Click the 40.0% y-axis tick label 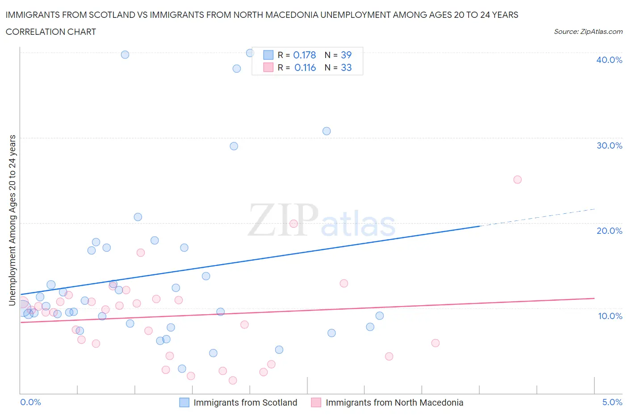(609, 60)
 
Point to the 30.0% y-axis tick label (609, 145)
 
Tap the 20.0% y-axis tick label (609, 231)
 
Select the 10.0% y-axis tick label (610, 316)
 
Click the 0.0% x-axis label (30, 402)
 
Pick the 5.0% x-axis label (612, 402)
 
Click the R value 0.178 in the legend (304, 55)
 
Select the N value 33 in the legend (346, 67)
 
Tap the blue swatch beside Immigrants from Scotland (184, 403)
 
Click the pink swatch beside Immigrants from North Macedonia (316, 403)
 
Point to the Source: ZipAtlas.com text (588, 31)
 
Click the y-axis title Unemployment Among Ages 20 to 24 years (12, 220)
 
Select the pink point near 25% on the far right (517, 180)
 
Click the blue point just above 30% (327, 131)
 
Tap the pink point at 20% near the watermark (293, 224)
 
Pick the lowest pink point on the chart (233, 380)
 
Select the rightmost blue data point (380, 316)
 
